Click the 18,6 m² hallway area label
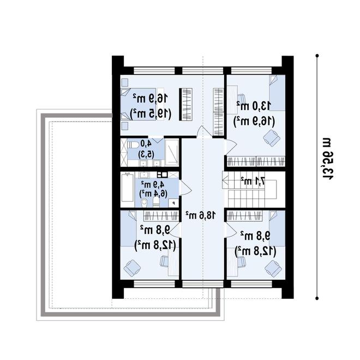pos(201,215)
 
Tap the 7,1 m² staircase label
pos(253,181)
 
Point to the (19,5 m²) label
pos(151,113)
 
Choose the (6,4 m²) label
pos(153,193)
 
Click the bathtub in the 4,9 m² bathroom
pos(128,190)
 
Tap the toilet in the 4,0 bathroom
pos(133,145)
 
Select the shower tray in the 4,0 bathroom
pos(172,152)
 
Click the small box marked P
pos(173,203)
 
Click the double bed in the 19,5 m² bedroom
pos(139,104)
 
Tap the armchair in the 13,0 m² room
pos(272,138)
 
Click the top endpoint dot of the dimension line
pos(317,56)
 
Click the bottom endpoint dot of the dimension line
pos(317,298)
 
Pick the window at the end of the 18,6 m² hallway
pos(203,284)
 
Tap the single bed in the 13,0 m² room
pos(277,93)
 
